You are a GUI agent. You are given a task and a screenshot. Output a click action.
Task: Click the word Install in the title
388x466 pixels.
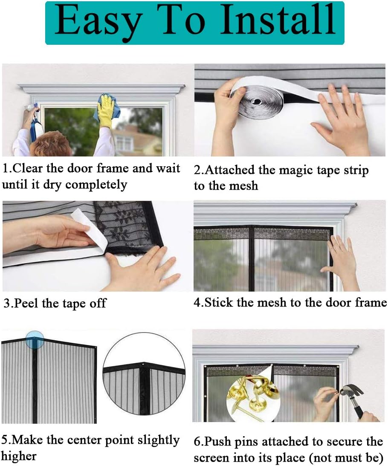click(x=278, y=20)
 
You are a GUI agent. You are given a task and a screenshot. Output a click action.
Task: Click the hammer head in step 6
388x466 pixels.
click(x=349, y=391)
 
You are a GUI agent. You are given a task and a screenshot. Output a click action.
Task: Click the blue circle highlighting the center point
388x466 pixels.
click(x=35, y=339)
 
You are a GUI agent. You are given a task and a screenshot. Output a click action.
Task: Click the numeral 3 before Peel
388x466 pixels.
click(x=6, y=304)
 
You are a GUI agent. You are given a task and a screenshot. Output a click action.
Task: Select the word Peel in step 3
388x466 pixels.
click(x=26, y=304)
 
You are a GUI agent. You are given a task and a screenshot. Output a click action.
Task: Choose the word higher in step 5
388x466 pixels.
click(x=18, y=456)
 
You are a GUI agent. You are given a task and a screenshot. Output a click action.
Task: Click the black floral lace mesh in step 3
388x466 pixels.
click(x=128, y=226)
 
